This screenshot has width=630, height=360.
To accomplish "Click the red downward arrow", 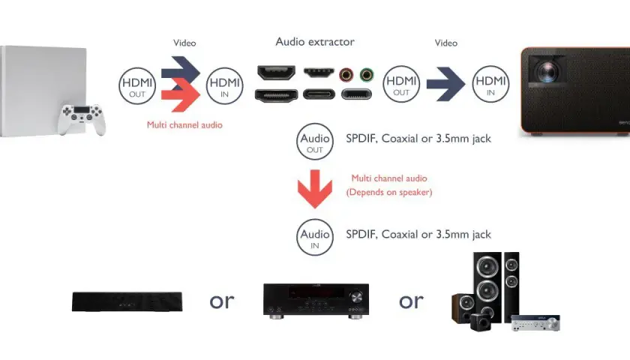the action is click(315, 189).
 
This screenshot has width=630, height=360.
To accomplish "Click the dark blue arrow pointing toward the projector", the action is click(445, 84).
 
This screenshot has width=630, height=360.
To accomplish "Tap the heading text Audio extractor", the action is click(315, 42).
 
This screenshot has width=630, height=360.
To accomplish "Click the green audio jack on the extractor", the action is click(367, 75).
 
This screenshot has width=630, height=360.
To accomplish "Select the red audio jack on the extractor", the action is click(346, 75).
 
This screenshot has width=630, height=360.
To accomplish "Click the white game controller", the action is click(82, 119).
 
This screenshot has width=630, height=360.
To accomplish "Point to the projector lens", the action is click(547, 71).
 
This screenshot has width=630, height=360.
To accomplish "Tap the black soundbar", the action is click(127, 301).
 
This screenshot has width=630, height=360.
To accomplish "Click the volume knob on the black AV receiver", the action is click(356, 297).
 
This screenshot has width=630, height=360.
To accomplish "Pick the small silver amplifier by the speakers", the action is click(535, 323).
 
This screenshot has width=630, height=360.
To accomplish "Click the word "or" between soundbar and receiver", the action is click(222, 301).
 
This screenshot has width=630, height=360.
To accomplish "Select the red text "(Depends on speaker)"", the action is click(389, 192).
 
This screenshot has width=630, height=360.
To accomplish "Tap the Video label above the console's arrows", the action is click(184, 43).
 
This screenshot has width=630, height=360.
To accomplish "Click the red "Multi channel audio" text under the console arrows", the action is click(184, 125).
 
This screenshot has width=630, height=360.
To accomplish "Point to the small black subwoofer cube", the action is click(480, 322).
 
